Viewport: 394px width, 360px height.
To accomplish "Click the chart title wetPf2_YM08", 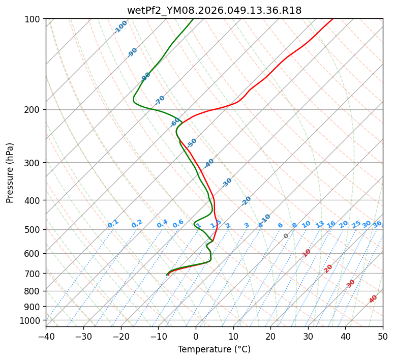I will (x=214, y=10).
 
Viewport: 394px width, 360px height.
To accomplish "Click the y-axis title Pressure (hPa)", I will (x=10, y=172).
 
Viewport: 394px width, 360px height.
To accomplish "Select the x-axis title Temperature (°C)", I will (x=214, y=349).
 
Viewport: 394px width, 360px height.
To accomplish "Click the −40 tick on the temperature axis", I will (x=46, y=336).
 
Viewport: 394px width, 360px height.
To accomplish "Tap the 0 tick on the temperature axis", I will (x=196, y=336).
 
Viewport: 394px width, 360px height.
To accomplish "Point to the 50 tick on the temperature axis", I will (x=383, y=336).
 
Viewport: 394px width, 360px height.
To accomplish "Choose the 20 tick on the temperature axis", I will (x=270, y=336).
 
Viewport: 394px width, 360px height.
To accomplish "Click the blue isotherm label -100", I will (x=121, y=27).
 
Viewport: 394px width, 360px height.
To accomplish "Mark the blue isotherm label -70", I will (x=160, y=100).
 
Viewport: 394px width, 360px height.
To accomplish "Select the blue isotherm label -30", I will (x=227, y=183).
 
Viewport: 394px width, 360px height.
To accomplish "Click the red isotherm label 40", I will (x=373, y=299).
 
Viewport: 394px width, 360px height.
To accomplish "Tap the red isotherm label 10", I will (x=307, y=253).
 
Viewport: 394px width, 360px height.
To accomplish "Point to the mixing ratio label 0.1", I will (x=113, y=224).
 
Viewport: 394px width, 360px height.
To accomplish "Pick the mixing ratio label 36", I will (x=377, y=224).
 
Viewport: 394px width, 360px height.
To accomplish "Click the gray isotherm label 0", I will (x=286, y=236).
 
